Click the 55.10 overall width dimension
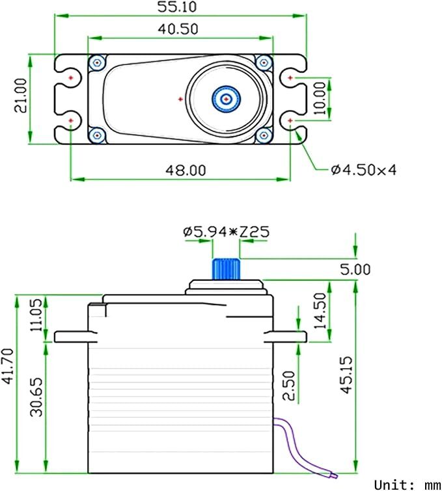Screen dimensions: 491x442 pos(178,8)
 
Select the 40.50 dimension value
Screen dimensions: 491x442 pos(178,29)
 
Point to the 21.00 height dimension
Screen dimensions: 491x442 pos(21,96)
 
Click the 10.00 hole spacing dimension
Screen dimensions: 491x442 pos(320,99)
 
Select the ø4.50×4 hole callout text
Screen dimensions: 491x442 pos(363,170)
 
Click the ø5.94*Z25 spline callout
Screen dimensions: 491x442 pos(226,232)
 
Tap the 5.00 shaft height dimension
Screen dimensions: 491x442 pos(355,269)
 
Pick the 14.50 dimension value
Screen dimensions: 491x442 pos(320,311)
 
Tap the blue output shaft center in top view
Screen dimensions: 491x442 pos(226,99)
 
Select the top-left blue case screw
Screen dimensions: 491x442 pos(98,62)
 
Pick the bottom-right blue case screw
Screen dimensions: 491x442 pos(264,135)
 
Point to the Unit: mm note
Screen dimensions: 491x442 pos(407,484)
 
